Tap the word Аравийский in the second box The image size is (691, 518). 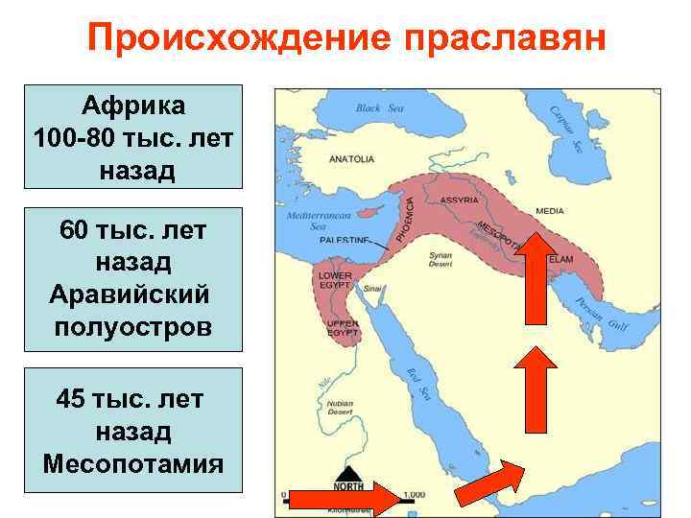point(133,294)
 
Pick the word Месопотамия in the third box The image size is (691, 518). point(133,463)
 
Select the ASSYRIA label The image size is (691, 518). point(459,200)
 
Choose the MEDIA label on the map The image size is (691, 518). point(550,210)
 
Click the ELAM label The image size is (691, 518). point(561,259)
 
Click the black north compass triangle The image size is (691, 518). point(347,474)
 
